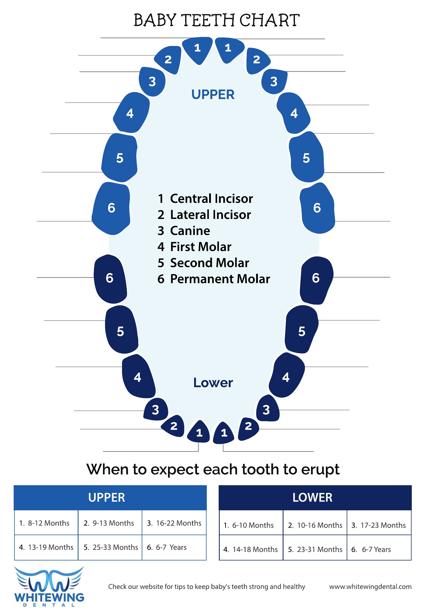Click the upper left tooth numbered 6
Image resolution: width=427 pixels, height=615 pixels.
coord(111,208)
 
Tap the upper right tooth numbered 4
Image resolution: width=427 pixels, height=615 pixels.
coord(294,113)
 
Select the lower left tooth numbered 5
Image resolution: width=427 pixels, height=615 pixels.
coord(121,329)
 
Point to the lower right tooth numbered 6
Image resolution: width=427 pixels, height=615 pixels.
coord(316,280)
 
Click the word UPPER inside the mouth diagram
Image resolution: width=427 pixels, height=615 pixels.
coord(213,95)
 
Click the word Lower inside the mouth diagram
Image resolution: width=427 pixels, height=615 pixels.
coord(213,383)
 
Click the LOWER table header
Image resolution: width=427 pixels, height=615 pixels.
coord(315,498)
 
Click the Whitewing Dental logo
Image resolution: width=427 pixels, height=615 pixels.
coord(49,587)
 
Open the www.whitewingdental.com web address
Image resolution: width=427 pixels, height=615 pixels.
coord(370,587)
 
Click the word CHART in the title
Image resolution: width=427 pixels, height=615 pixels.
coord(270,20)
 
